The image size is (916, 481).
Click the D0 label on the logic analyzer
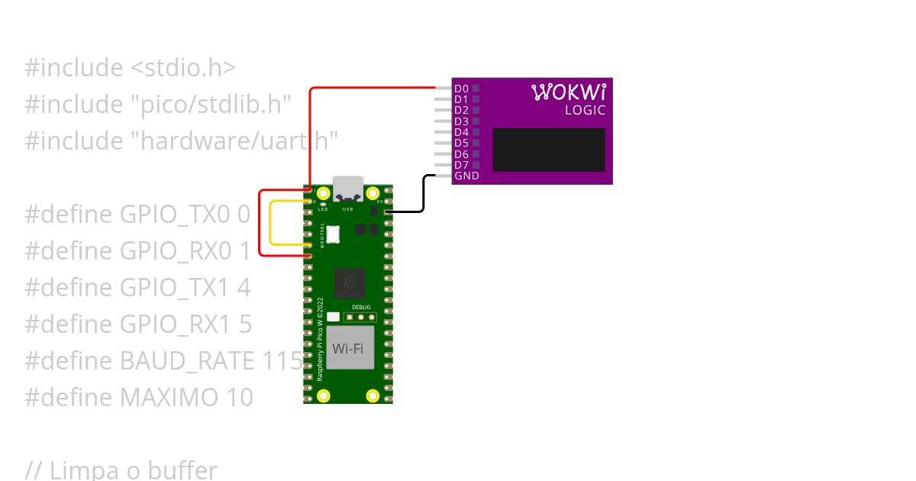click(461, 89)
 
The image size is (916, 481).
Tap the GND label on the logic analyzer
click(466, 176)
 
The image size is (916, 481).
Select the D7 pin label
click(461, 165)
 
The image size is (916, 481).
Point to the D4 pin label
click(461, 132)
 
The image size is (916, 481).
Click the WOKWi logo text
click(569, 92)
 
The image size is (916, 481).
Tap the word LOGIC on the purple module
click(585, 110)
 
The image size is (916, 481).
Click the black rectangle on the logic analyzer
click(549, 150)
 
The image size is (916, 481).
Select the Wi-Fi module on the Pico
click(347, 348)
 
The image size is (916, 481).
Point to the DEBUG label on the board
click(361, 307)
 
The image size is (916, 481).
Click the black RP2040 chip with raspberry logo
click(349, 283)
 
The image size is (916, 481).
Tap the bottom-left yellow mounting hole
click(324, 395)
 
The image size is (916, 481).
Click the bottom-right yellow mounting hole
click(373, 395)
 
